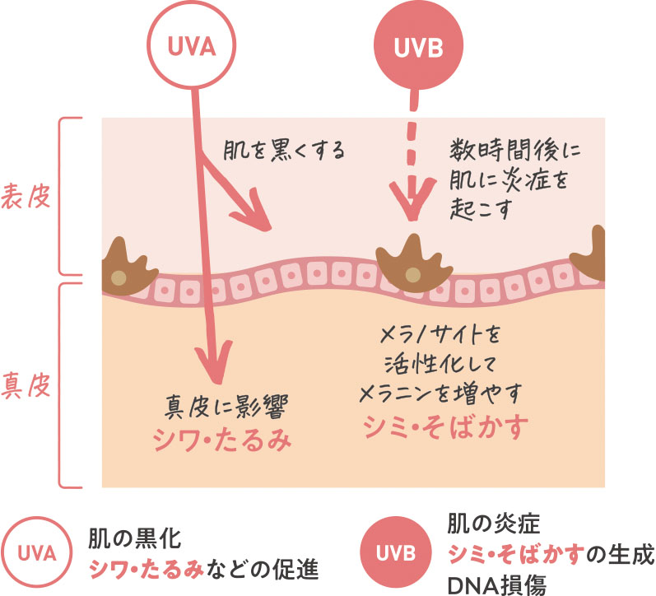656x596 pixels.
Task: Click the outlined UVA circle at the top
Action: tap(192, 47)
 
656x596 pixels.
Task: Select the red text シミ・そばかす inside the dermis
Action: tap(446, 428)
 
